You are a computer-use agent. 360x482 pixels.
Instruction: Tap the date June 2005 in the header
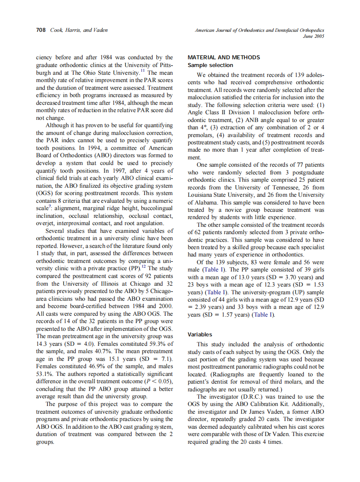pyautogui.click(x=314, y=37)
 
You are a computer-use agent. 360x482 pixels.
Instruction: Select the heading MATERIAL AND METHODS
pyautogui.click(x=224, y=58)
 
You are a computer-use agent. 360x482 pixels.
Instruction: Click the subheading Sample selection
pyautogui.click(x=211, y=65)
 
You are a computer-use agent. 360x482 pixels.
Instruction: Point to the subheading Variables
pyautogui.click(x=200, y=334)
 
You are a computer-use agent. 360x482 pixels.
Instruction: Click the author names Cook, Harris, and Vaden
pyautogui.click(x=79, y=30)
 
